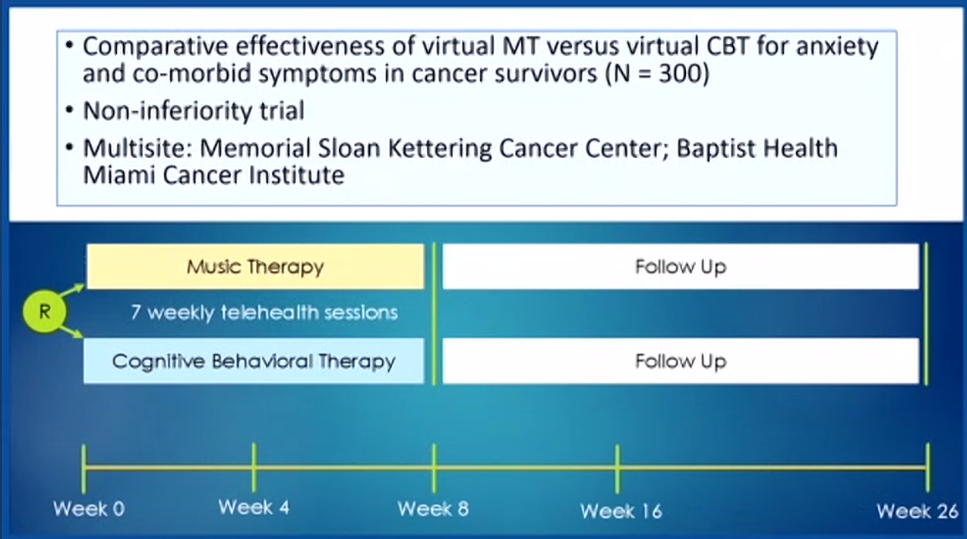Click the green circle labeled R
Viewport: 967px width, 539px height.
[x=45, y=311]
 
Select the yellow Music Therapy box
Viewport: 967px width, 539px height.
[x=255, y=266]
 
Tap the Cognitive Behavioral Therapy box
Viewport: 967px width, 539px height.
[x=254, y=361]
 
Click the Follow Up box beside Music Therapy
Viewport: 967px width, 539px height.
[x=681, y=266]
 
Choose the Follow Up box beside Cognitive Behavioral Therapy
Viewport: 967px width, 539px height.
[x=681, y=361]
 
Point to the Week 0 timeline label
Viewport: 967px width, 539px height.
[x=89, y=509]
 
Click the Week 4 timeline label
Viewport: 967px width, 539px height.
[x=254, y=507]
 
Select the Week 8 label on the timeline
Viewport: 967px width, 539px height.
[x=433, y=509]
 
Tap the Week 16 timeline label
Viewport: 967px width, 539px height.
[x=621, y=512]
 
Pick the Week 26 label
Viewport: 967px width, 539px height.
[x=918, y=512]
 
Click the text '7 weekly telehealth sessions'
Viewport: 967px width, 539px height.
[x=264, y=313]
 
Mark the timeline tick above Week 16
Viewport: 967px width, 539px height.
[x=618, y=469]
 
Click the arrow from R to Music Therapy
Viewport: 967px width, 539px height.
[x=71, y=290]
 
